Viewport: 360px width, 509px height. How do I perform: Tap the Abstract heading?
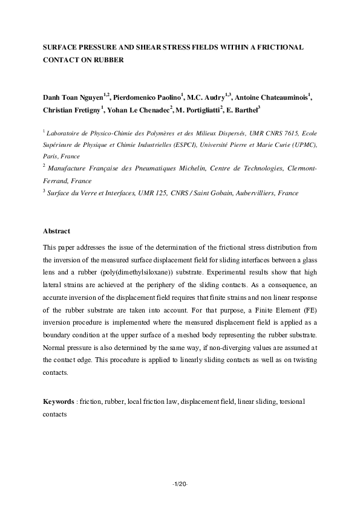pyautogui.click(x=57, y=231)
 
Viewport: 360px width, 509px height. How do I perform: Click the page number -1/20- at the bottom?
pyautogui.click(x=180, y=484)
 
